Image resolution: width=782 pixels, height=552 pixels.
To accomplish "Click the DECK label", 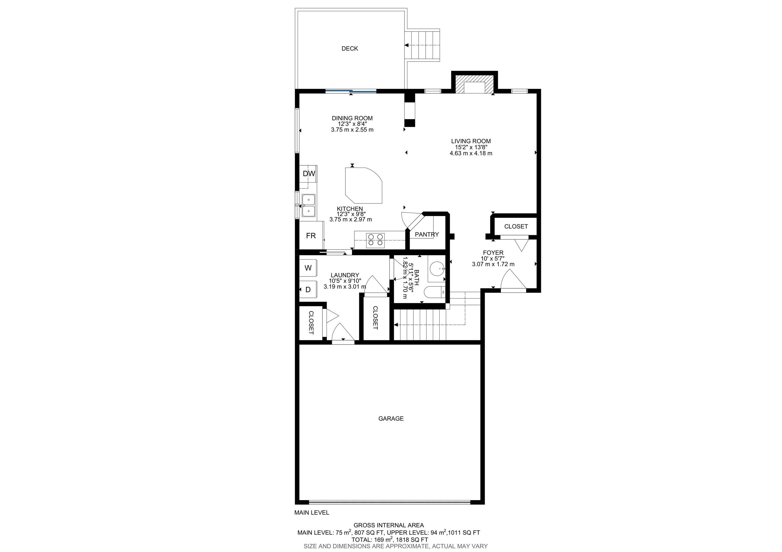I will [350, 49].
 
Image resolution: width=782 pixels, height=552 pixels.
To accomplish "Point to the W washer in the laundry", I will [308, 268].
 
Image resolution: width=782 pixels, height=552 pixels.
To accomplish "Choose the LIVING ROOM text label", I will [471, 141].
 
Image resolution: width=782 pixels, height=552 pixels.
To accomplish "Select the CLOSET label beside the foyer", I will [516, 227].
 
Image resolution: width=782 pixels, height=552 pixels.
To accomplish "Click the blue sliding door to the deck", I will [351, 91].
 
